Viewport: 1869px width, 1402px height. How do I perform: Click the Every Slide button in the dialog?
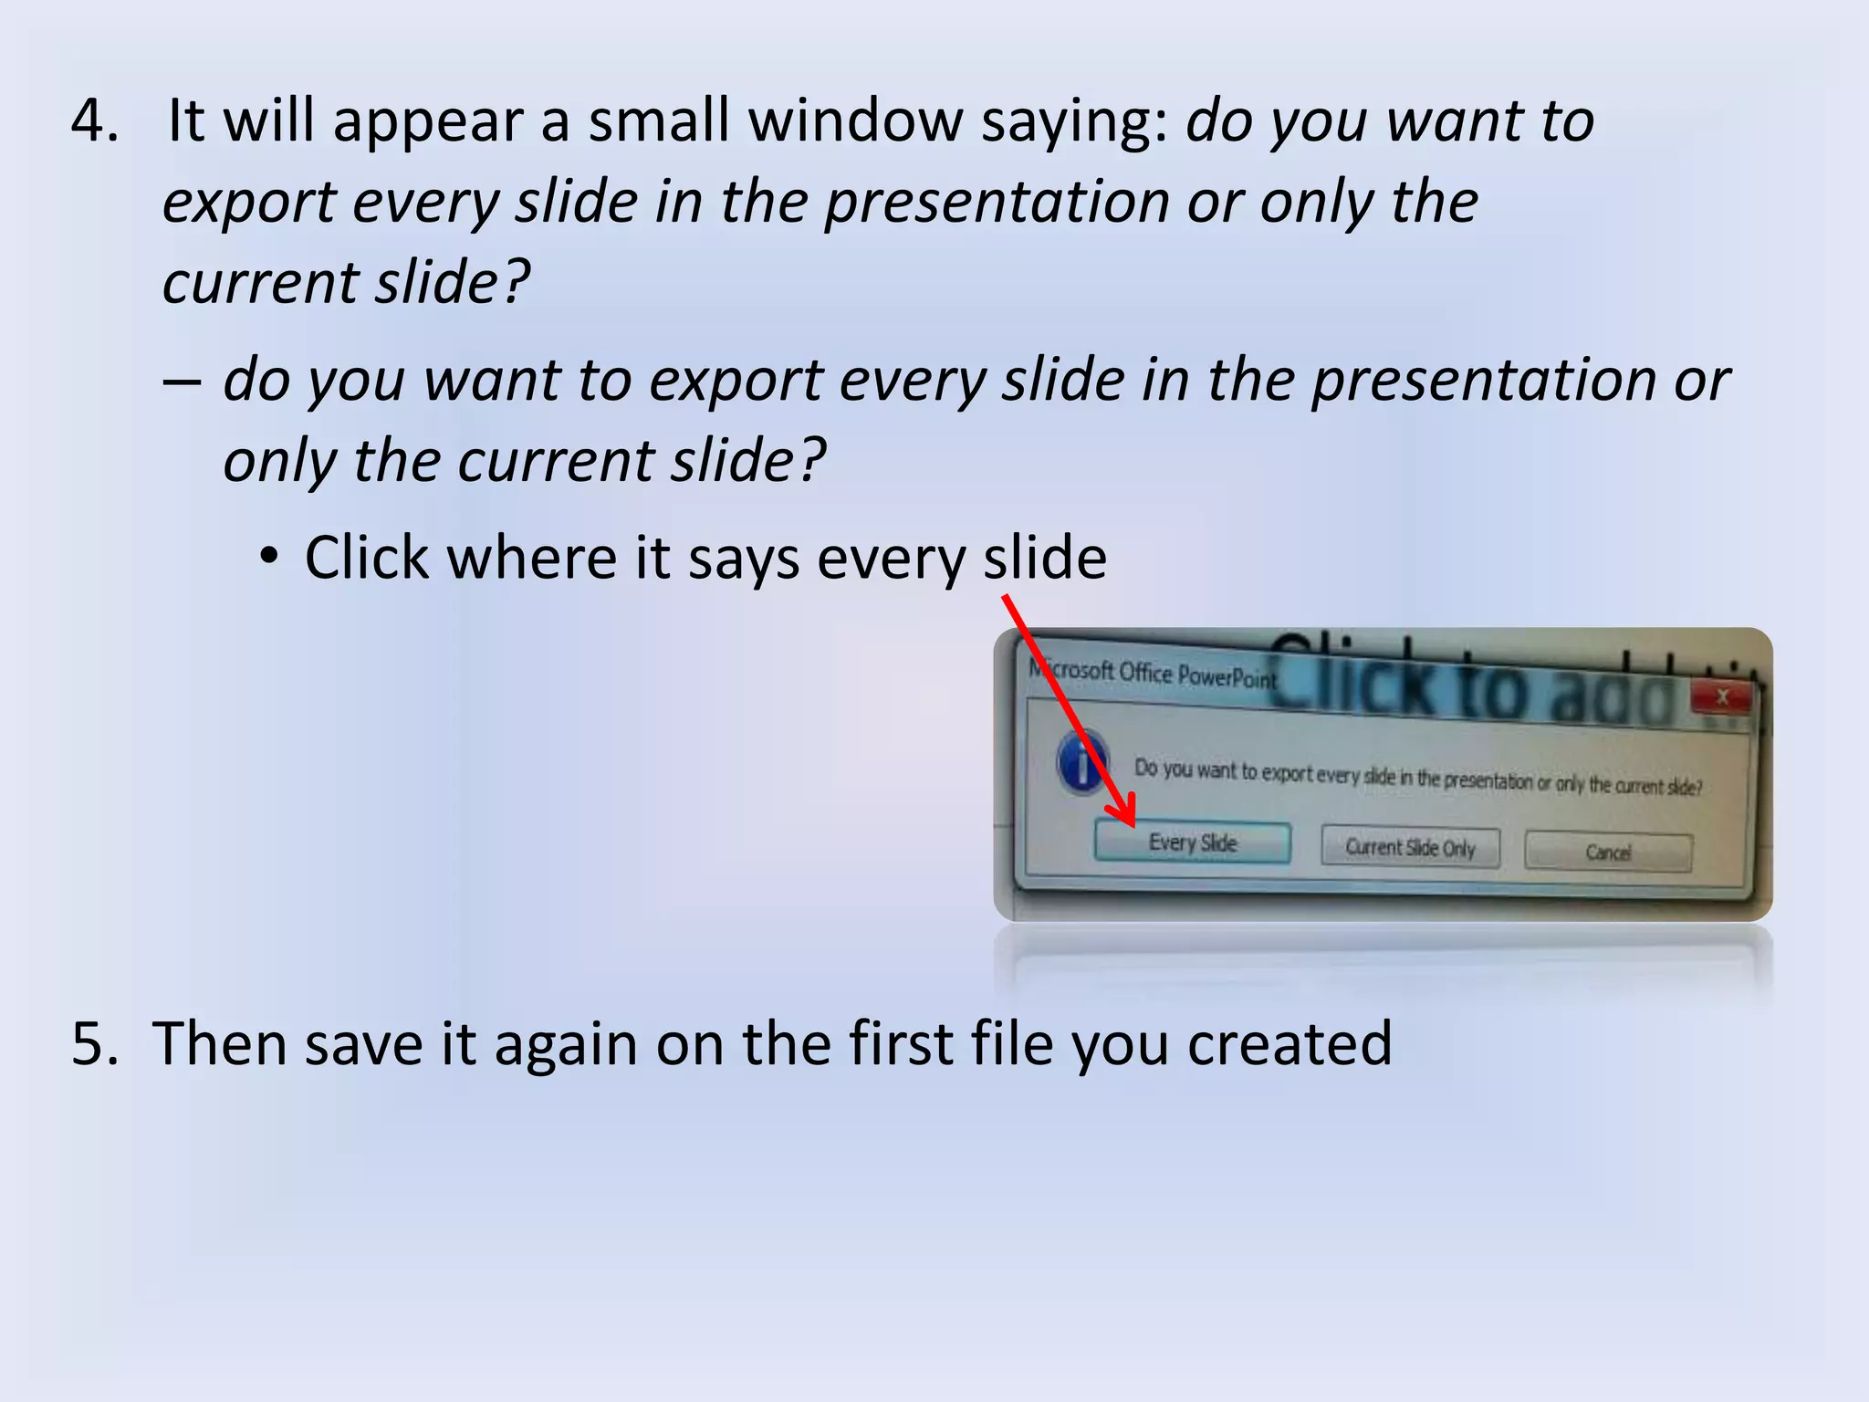coord(1192,842)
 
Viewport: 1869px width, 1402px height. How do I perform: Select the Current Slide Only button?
coord(1410,848)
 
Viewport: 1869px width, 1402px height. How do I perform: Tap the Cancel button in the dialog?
coord(1608,853)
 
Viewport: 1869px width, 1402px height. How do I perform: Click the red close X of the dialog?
coord(1722,698)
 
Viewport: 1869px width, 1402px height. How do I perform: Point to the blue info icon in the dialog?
coord(1082,762)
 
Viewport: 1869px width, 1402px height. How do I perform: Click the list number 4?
coord(95,120)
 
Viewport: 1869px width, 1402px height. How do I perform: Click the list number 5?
coord(95,1043)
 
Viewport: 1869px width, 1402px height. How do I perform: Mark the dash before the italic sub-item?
coord(182,381)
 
